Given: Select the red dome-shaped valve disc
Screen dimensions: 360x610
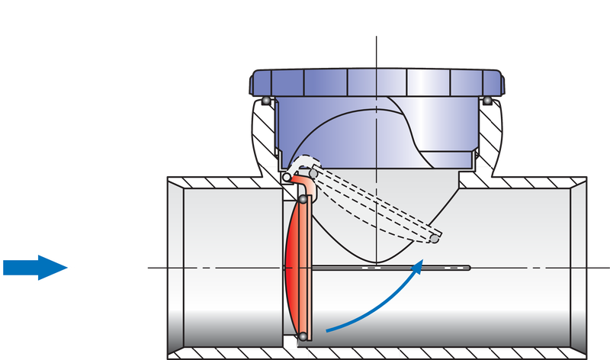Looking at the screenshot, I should [291, 266].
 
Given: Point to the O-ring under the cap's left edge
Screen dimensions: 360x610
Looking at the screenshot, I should [265, 101].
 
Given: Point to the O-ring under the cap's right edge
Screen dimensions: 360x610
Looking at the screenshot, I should [485, 100].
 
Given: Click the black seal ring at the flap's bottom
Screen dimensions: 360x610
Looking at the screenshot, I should [303, 336].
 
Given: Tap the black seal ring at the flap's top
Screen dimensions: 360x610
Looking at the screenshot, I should [303, 200].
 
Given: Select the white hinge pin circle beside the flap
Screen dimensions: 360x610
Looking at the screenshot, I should [286, 178].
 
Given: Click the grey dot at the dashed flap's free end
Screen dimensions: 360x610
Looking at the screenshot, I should [434, 239].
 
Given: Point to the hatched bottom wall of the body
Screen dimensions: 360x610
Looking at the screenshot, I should [381, 355].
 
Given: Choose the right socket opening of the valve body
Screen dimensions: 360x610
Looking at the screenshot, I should [579, 267].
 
